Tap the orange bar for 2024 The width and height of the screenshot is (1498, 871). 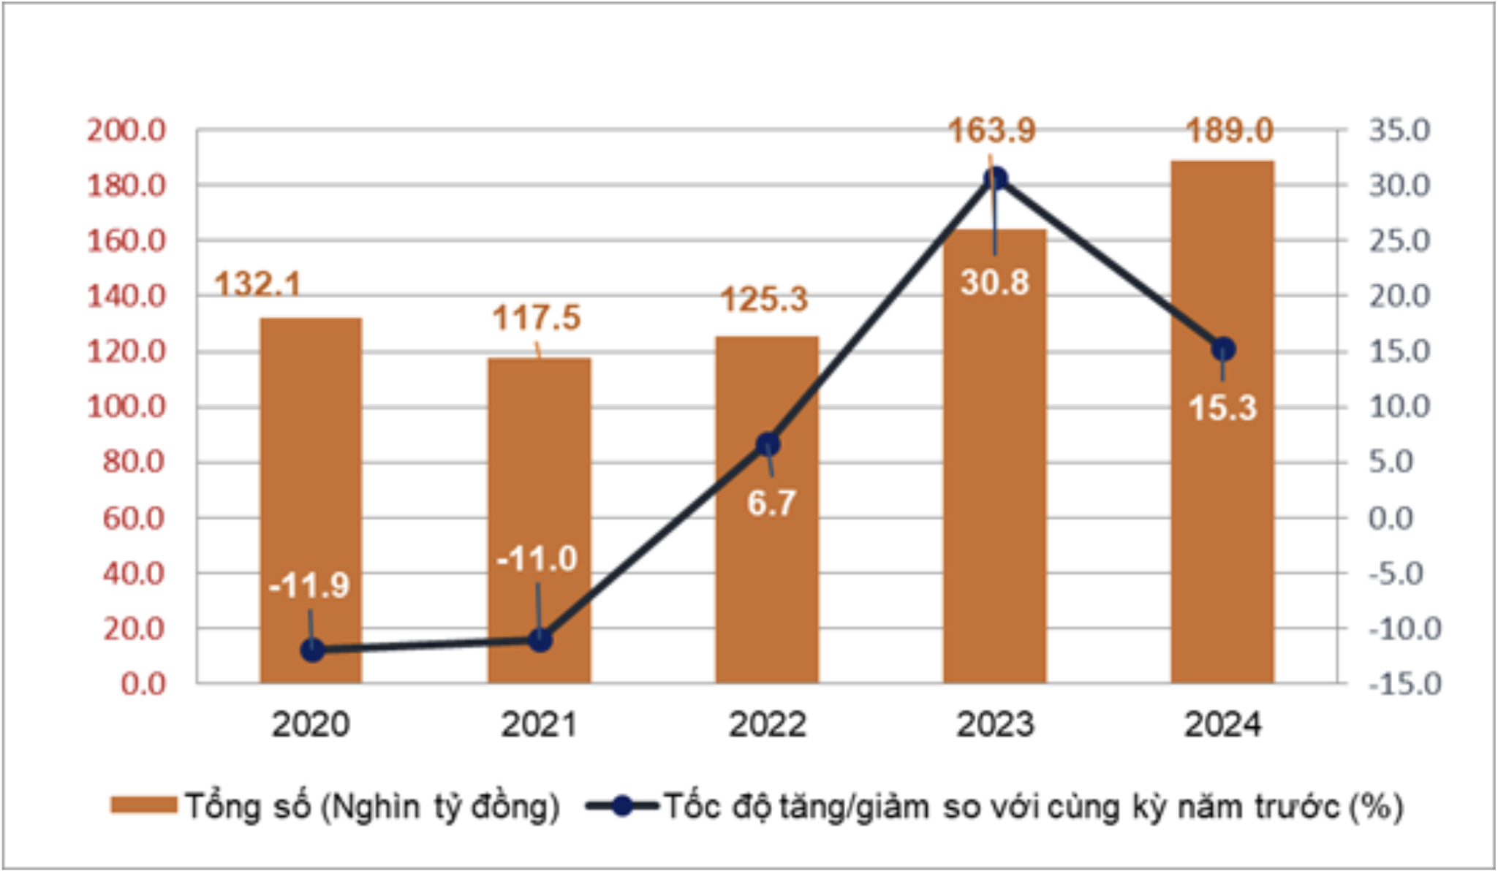click(x=1222, y=511)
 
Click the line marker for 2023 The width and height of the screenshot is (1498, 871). click(x=995, y=178)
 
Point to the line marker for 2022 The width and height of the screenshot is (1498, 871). click(x=768, y=444)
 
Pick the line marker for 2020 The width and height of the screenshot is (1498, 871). click(x=312, y=650)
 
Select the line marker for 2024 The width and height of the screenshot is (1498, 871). click(x=1222, y=349)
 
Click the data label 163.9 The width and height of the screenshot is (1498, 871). click(x=991, y=131)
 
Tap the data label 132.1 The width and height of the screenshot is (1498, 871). click(x=257, y=284)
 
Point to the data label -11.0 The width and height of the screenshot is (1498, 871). click(x=537, y=559)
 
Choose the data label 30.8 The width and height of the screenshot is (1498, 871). click(x=994, y=282)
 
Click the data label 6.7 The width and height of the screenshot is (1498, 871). click(x=771, y=503)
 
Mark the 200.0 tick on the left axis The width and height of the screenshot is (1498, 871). click(x=126, y=131)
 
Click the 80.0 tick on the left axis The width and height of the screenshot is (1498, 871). click(x=134, y=462)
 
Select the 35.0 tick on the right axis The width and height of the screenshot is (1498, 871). click(x=1399, y=131)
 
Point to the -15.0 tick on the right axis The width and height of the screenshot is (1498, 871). click(x=1404, y=684)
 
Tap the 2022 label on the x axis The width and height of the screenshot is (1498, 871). click(x=767, y=724)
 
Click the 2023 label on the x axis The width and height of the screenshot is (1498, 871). click(x=995, y=724)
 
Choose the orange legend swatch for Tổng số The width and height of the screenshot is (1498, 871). click(x=143, y=805)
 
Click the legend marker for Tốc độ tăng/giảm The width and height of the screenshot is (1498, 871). click(x=622, y=806)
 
